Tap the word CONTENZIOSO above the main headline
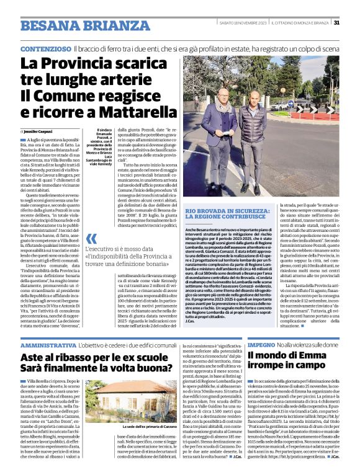click(45, 48)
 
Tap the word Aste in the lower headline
click(33, 358)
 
